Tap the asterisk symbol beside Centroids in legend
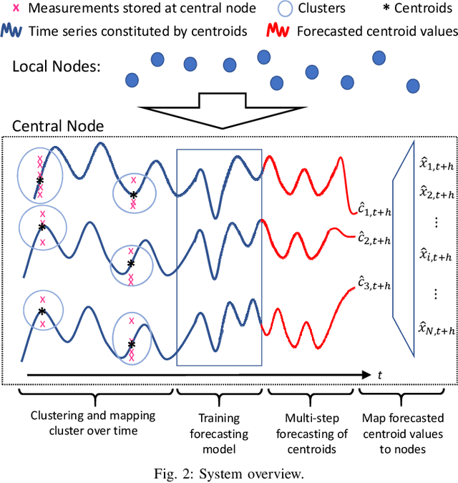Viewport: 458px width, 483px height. [369, 10]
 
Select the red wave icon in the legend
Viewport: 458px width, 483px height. [276, 31]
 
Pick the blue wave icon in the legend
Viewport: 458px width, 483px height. [14, 31]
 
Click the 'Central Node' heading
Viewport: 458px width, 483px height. [58, 127]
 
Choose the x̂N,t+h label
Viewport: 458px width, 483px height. [435, 328]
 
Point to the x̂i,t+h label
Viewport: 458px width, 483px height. [435, 256]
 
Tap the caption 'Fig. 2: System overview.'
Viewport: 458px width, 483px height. [229, 471]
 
